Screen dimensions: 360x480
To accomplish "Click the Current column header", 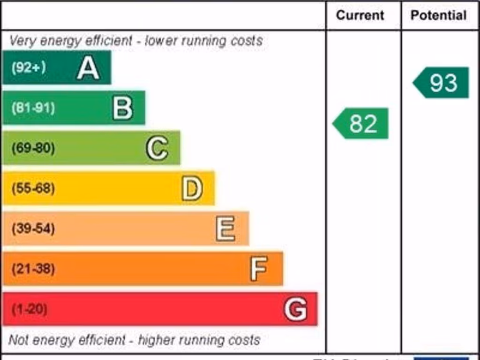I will pyautogui.click(x=360, y=15).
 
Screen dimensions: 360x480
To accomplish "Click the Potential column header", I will pyautogui.click(x=439, y=15).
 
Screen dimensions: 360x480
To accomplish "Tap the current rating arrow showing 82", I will pyautogui.click(x=361, y=123).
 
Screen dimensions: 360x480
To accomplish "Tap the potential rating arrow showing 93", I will pyautogui.click(x=442, y=82).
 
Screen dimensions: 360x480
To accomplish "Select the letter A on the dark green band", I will pyautogui.click(x=88, y=68).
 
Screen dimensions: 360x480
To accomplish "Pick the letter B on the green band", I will pyautogui.click(x=123, y=108).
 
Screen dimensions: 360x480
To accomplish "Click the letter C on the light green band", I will pyautogui.click(x=157, y=148).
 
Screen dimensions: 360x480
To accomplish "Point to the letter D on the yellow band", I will pyautogui.click(x=192, y=188).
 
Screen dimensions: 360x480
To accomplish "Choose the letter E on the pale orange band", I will pyautogui.click(x=225, y=229).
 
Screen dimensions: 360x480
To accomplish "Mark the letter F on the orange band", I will pyautogui.click(x=259, y=269).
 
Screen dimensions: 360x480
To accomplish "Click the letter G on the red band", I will pyautogui.click(x=296, y=309).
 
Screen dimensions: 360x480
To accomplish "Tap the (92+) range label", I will pyautogui.click(x=29, y=67).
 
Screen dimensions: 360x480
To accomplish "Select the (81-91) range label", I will pyautogui.click(x=33, y=108).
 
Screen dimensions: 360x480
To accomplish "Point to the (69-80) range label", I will pyautogui.click(x=33, y=148).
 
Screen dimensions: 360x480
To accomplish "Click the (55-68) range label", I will pyautogui.click(x=33, y=188).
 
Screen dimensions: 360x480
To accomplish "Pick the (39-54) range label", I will pyautogui.click(x=33, y=229).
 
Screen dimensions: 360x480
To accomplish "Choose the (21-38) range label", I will pyautogui.click(x=33, y=269).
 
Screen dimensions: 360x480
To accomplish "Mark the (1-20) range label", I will pyautogui.click(x=30, y=309).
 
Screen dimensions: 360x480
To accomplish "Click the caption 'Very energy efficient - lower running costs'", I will pyautogui.click(x=136, y=41).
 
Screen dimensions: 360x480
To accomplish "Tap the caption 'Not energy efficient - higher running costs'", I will pyautogui.click(x=134, y=340).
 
